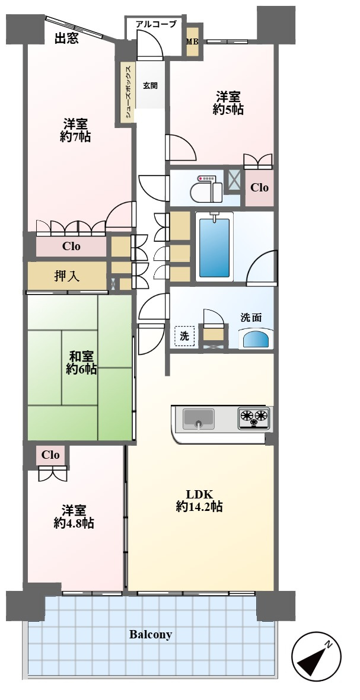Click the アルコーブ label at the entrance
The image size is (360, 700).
[156, 24]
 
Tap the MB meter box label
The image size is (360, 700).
[192, 41]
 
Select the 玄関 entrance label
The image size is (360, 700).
[150, 85]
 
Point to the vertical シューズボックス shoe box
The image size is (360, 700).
[127, 92]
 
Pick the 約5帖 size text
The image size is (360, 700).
[228, 110]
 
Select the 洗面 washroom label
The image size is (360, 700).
[251, 317]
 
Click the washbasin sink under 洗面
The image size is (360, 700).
[256, 339]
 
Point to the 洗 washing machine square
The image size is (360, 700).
[185, 336]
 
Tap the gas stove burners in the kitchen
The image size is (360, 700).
[254, 417]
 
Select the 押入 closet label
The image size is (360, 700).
[67, 276]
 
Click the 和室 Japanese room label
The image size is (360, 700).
[81, 357]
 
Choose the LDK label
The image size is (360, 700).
[199, 494]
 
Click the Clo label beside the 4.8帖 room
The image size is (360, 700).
[50, 455]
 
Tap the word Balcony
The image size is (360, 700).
[151, 635]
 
